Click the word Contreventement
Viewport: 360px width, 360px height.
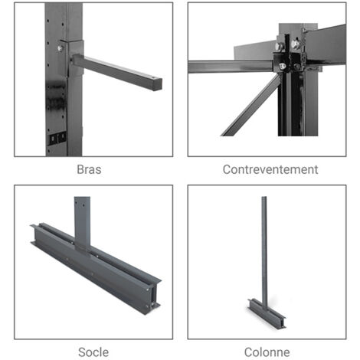pos(270,169)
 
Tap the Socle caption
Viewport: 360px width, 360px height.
pos(93,352)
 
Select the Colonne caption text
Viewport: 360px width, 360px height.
pos(267,352)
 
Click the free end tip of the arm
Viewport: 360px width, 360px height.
pos(157,83)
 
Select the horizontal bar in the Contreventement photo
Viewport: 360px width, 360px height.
pos(230,67)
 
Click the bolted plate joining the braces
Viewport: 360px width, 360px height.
pos(290,52)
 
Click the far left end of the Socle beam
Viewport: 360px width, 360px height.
pos(35,232)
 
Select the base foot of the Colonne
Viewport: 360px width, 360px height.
pos(267,312)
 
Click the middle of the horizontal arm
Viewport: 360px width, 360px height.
pos(119,71)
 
